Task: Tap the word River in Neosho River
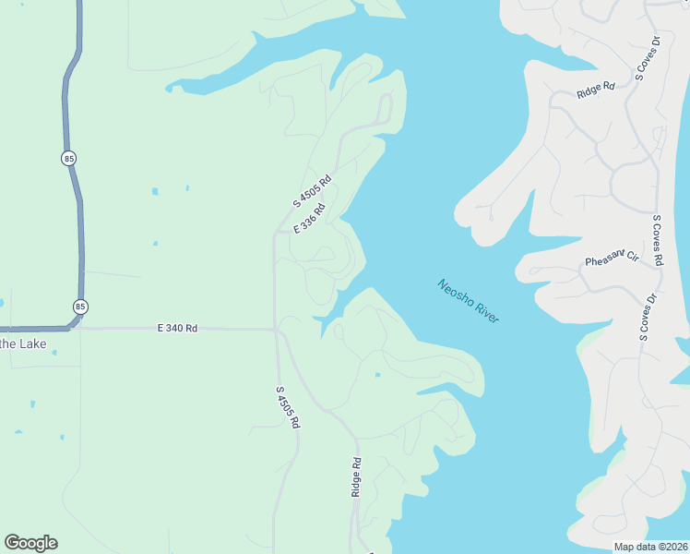click(x=485, y=312)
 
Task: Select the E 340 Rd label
click(x=177, y=328)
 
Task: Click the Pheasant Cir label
click(x=612, y=258)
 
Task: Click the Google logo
click(x=30, y=543)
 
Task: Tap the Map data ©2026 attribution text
click(x=650, y=547)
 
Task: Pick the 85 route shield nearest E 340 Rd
click(x=81, y=307)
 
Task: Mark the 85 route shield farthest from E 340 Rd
click(x=69, y=159)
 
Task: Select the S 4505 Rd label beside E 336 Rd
click(x=312, y=191)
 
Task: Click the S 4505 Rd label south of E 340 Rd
click(x=289, y=406)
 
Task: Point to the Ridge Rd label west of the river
click(x=356, y=477)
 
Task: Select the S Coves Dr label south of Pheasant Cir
click(x=648, y=317)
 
